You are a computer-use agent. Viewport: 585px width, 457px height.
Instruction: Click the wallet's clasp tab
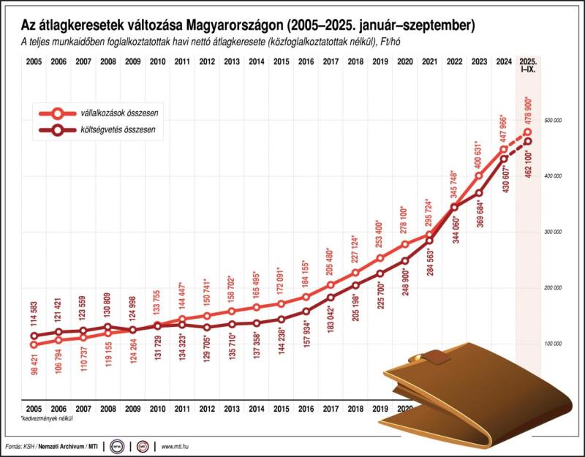click(436, 358)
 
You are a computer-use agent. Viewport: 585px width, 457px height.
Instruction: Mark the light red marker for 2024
click(503, 149)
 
